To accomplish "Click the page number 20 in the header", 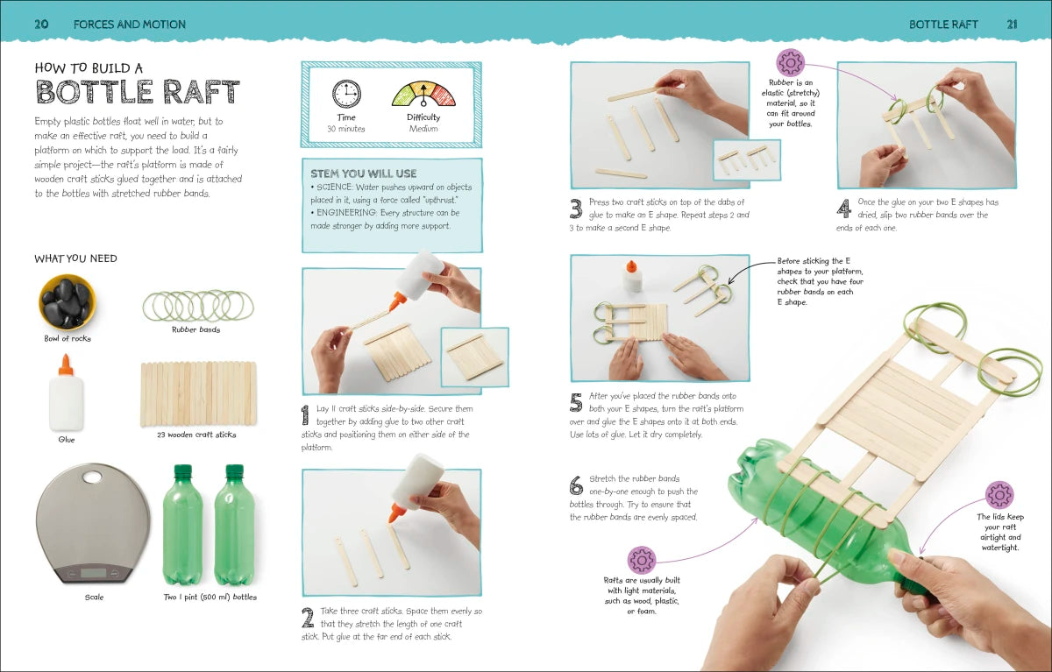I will tap(40, 24).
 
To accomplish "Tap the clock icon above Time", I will tap(346, 94).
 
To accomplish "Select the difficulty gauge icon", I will tap(423, 95).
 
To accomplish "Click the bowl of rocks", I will tap(68, 301).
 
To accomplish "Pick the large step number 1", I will tap(305, 414).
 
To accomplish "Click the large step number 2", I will tap(307, 618).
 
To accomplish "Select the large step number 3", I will tap(576, 209).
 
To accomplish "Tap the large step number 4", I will tap(843, 209).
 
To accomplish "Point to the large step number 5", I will tap(576, 402).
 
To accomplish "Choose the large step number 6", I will tap(576, 485).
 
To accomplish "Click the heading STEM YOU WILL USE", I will tap(363, 173).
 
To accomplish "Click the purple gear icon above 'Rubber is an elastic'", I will tap(790, 62).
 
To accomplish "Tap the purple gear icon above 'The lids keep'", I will tap(999, 495).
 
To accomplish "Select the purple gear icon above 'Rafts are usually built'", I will tap(642, 560).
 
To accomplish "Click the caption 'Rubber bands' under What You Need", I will tap(196, 329).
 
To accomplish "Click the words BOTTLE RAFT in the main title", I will tap(137, 93).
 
